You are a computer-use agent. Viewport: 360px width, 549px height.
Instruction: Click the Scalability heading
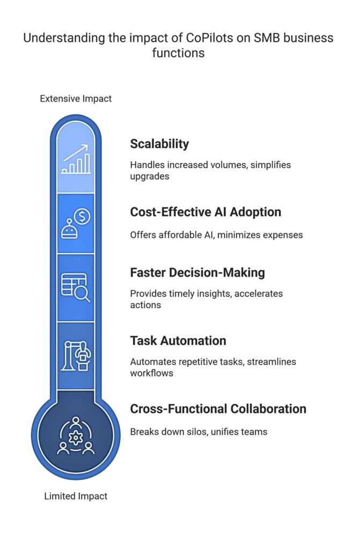[159, 144]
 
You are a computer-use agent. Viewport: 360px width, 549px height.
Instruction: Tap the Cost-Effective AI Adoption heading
[205, 212]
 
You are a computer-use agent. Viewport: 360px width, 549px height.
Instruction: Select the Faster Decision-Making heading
[197, 273]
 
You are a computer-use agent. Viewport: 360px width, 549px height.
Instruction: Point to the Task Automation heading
[178, 340]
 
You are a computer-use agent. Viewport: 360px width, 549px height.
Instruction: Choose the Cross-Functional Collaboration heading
[218, 409]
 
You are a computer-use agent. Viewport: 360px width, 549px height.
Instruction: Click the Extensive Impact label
[76, 99]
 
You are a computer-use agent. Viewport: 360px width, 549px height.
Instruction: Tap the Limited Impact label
[76, 496]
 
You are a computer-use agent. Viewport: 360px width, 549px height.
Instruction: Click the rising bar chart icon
[76, 159]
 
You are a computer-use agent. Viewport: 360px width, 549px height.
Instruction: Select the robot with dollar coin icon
[76, 224]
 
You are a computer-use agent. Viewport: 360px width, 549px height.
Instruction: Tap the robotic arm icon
[76, 356]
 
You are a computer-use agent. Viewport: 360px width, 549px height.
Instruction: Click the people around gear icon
[76, 435]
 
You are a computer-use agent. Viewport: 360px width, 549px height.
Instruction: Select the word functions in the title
[179, 53]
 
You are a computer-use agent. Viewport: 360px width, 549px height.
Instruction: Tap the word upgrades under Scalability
[150, 176]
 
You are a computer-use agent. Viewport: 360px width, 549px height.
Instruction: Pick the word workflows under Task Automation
[152, 373]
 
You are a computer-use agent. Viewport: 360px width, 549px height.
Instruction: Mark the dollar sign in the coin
[83, 217]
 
